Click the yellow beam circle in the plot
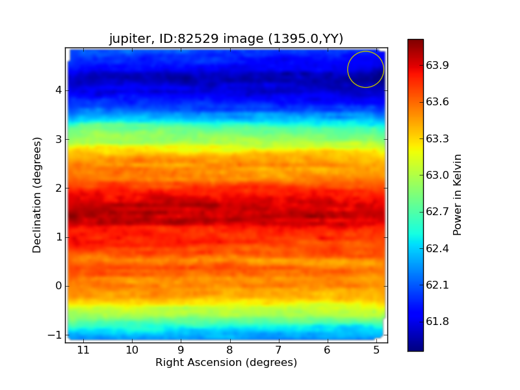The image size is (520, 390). pyautogui.click(x=365, y=70)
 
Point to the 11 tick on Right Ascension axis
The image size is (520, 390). pyautogui.click(x=83, y=350)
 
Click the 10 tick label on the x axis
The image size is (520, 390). pyautogui.click(x=132, y=350)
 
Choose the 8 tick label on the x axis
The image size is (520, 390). pyautogui.click(x=230, y=350)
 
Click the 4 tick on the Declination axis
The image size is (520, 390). pyautogui.click(x=58, y=90)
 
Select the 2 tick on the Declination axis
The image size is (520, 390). pyautogui.click(x=58, y=188)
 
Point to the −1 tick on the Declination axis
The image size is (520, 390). pyautogui.click(x=55, y=335)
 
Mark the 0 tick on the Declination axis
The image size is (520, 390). pyautogui.click(x=58, y=286)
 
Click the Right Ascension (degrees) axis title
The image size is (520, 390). pyautogui.click(x=226, y=362)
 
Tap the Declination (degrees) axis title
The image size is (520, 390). pyautogui.click(x=38, y=195)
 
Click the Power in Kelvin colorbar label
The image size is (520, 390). pyautogui.click(x=458, y=195)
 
